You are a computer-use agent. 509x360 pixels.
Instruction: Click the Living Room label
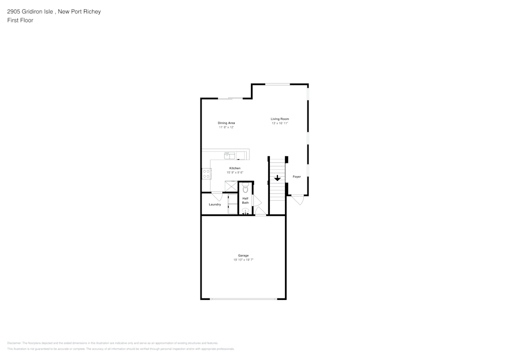tap(279, 119)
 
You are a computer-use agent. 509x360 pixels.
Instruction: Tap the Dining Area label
tap(226, 123)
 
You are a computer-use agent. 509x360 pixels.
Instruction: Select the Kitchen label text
tap(235, 168)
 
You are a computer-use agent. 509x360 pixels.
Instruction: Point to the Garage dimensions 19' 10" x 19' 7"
tap(243, 260)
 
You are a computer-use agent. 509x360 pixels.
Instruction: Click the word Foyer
tap(296, 177)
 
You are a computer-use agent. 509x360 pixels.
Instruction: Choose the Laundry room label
tap(215, 205)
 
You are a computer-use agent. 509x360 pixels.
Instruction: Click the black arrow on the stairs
tap(277, 178)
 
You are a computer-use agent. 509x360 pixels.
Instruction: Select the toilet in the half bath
tap(245, 188)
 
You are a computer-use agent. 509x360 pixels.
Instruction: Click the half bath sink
tap(245, 211)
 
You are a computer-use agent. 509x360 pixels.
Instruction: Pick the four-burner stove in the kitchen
tap(207, 174)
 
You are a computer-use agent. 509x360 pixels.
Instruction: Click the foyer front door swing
tap(298, 200)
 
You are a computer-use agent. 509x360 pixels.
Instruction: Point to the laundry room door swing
tap(216, 196)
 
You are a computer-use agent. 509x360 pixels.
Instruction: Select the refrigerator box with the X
tap(231, 186)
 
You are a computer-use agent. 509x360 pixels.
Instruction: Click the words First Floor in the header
tap(20, 20)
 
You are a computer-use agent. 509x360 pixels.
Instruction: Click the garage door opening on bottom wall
tap(244, 299)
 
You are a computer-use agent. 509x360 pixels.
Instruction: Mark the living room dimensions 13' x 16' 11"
tap(279, 123)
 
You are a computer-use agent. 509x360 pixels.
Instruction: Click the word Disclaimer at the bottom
tap(15, 343)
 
